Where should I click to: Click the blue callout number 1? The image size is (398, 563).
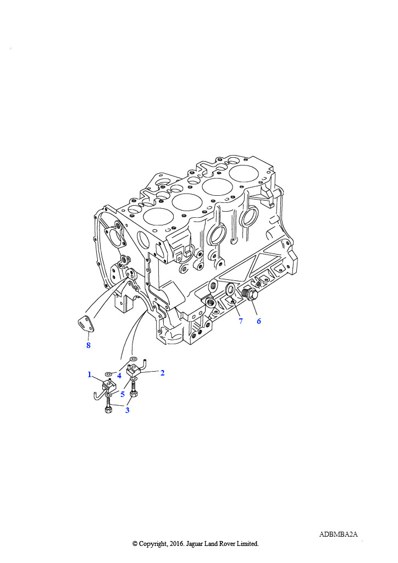pos(90,375)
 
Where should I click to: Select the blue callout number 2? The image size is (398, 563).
pos(163,373)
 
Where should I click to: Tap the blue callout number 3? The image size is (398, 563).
pos(127,410)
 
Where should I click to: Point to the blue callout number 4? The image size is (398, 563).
pos(119,376)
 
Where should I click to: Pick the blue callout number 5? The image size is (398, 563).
pos(123,394)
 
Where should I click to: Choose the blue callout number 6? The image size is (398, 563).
pos(259,321)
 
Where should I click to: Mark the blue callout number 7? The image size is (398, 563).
pos(241,321)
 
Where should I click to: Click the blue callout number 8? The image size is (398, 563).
pos(89,345)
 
